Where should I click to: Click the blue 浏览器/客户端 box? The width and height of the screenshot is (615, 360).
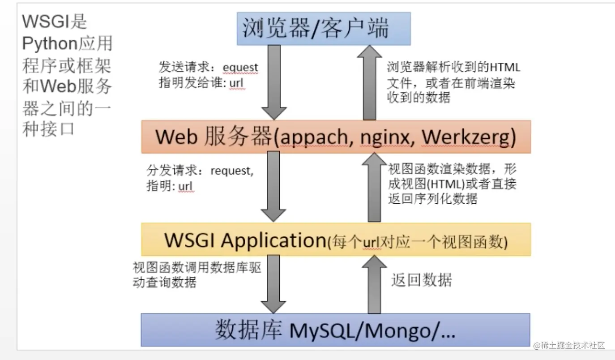pyautogui.click(x=324, y=29)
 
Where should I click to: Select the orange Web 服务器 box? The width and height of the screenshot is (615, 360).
pyautogui.click(x=336, y=137)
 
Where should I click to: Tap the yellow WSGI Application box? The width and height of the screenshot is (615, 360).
pyautogui.click(x=336, y=240)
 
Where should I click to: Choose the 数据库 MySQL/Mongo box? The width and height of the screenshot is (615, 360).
pyautogui.click(x=336, y=330)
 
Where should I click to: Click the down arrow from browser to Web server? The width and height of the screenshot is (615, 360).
pyautogui.click(x=274, y=82)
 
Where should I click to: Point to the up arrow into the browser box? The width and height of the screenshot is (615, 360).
pyautogui.click(x=370, y=83)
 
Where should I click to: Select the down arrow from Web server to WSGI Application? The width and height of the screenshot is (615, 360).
pyautogui.click(x=273, y=186)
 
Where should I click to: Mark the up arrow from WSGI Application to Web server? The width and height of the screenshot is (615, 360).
pyautogui.click(x=374, y=187)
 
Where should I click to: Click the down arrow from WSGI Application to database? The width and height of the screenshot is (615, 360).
pyautogui.click(x=273, y=284)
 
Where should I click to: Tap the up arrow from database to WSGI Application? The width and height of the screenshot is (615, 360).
pyautogui.click(x=374, y=284)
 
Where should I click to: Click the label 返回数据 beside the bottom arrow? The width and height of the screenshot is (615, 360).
pyautogui.click(x=422, y=280)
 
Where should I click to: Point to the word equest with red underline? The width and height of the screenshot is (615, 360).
pyautogui.click(x=240, y=68)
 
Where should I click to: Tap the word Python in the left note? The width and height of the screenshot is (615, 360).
pyautogui.click(x=50, y=44)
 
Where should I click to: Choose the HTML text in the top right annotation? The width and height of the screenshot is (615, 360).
pyautogui.click(x=505, y=67)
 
